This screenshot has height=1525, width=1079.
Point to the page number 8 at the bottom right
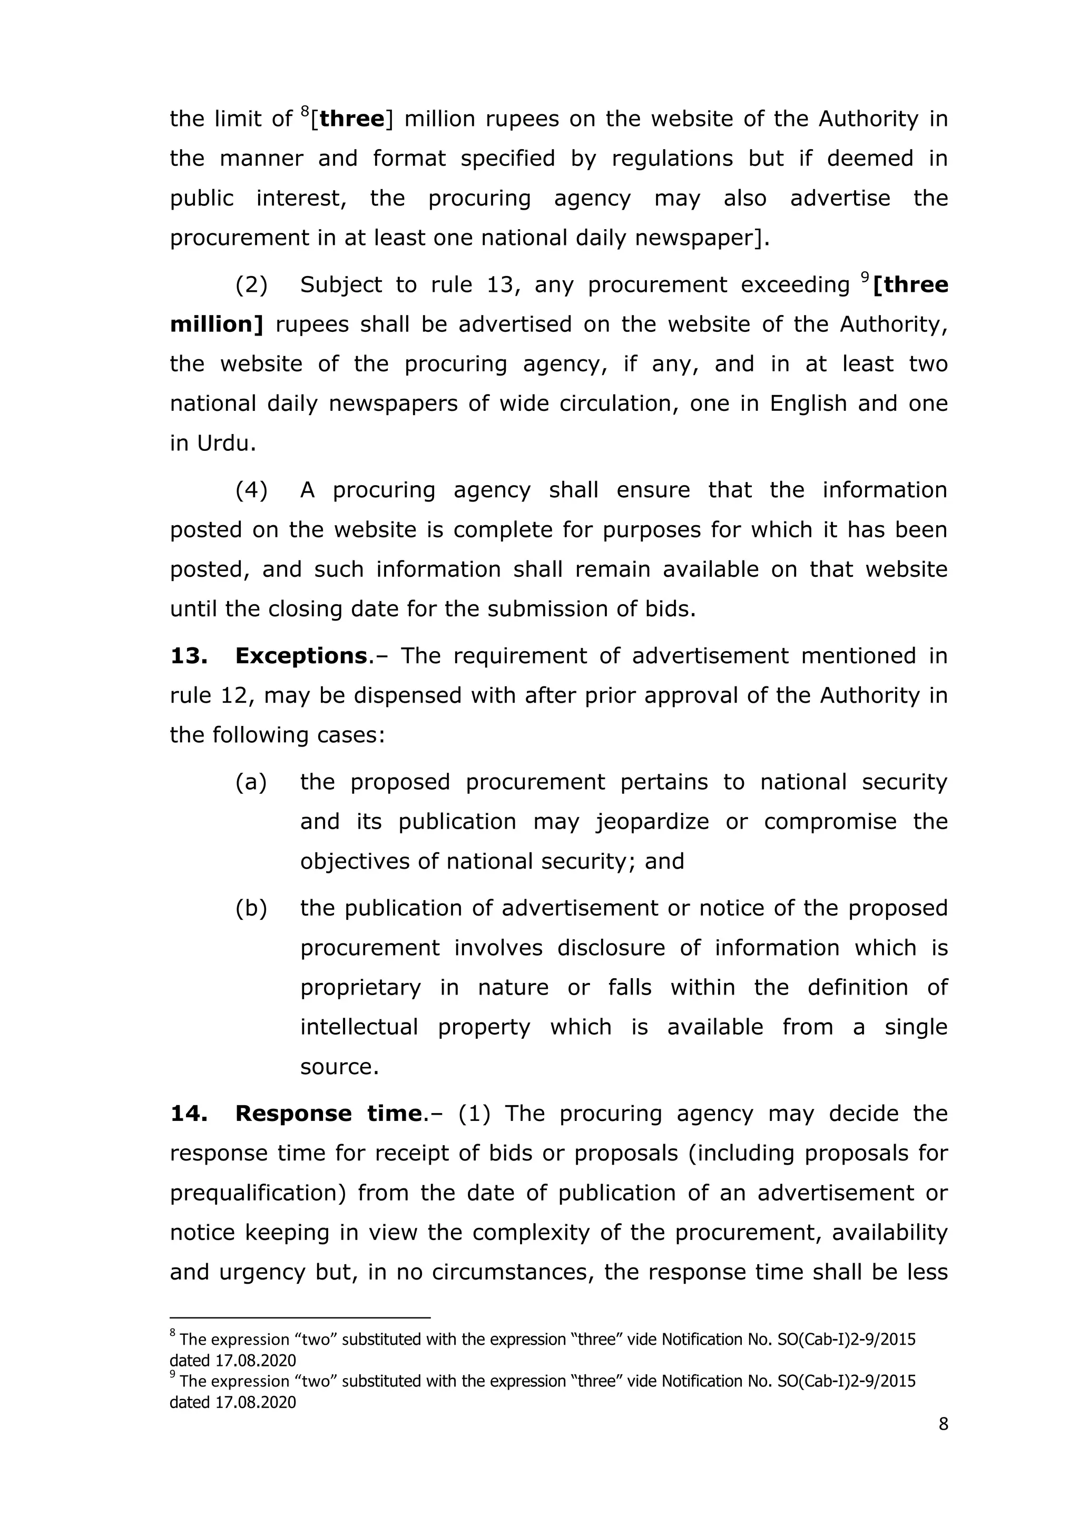tap(943, 1424)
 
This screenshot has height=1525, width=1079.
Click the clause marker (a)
tap(251, 782)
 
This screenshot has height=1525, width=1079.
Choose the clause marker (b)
tap(251, 908)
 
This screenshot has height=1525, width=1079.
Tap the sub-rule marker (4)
tap(251, 490)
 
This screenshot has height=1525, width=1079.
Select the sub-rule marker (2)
tap(251, 285)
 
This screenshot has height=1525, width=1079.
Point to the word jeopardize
tap(652, 822)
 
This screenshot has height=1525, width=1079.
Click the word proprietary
tap(360, 988)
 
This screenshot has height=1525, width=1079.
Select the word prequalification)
tap(258, 1193)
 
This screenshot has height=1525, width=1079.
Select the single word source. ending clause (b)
tap(339, 1067)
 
